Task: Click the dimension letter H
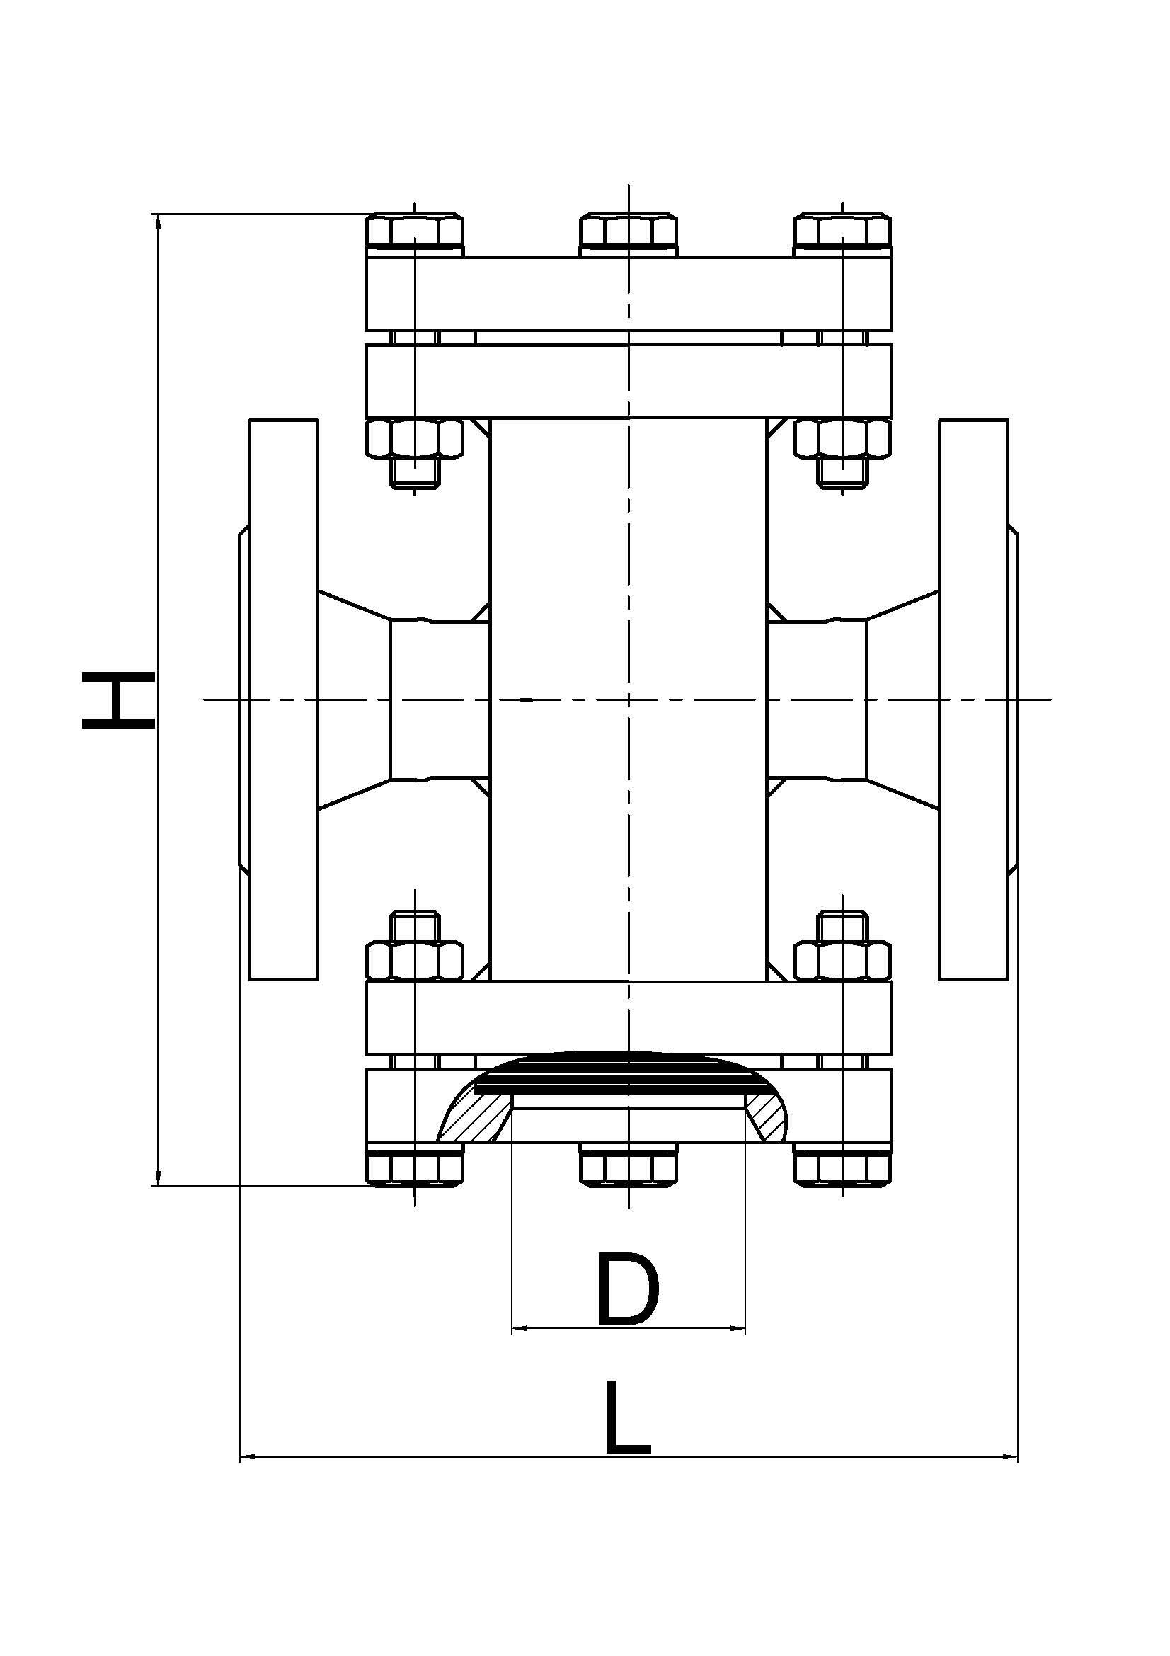pos(117,699)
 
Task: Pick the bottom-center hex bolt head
pos(629,1166)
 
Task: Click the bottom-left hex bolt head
pos(415,1167)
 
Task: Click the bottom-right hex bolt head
pos(842,1167)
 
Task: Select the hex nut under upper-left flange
pos(415,438)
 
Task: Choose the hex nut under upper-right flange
pos(842,438)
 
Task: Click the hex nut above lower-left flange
pos(415,960)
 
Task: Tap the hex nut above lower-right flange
pos(842,960)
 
